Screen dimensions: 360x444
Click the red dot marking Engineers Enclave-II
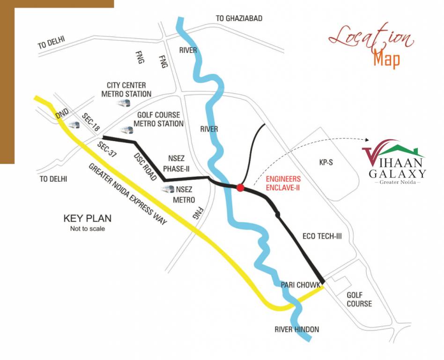pyautogui.click(x=240, y=187)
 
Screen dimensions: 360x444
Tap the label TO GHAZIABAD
pyautogui.click(x=239, y=18)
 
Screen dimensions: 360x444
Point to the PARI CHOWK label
pyautogui.click(x=300, y=285)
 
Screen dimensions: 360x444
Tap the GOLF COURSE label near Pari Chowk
pyautogui.click(x=359, y=299)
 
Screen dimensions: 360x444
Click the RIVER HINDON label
pyautogui.click(x=296, y=330)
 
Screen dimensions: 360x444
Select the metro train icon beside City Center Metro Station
pyautogui.click(x=123, y=103)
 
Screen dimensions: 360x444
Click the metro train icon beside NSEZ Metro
pyautogui.click(x=167, y=189)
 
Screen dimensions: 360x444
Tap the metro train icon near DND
pyautogui.click(x=74, y=125)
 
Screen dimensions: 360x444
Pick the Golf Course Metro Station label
pyautogui.click(x=158, y=120)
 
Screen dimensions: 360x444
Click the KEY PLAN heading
pyautogui.click(x=87, y=218)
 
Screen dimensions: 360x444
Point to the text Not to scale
pyautogui.click(x=87, y=229)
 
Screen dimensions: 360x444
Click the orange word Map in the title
pyautogui.click(x=386, y=60)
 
